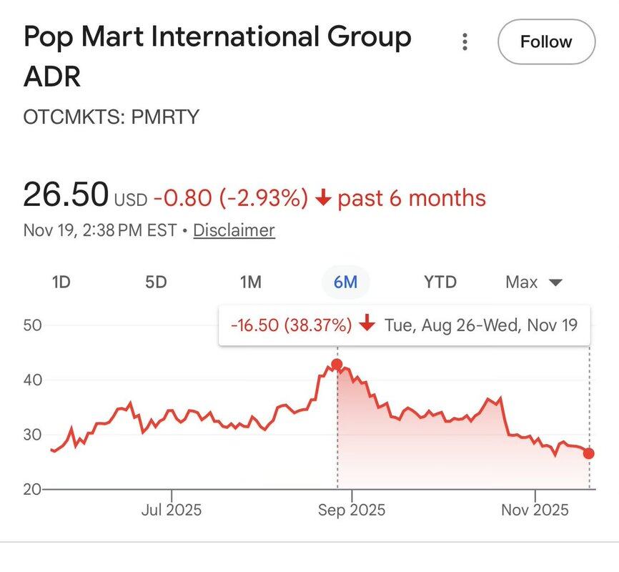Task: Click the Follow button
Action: [546, 42]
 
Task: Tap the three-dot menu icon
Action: [465, 42]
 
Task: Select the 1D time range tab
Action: [61, 282]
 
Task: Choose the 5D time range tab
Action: [156, 282]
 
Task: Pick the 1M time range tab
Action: [250, 282]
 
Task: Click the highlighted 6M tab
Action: [345, 282]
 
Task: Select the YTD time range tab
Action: [440, 282]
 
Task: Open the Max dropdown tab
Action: [533, 282]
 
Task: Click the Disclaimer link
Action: [234, 231]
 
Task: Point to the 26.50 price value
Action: [66, 195]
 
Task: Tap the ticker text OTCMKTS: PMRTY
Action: [111, 117]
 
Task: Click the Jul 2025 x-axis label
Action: [172, 510]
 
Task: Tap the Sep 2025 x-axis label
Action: [352, 510]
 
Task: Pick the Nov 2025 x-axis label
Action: [535, 510]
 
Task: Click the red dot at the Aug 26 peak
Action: [337, 365]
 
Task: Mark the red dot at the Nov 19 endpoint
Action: [589, 453]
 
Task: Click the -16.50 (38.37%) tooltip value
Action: [291, 325]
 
